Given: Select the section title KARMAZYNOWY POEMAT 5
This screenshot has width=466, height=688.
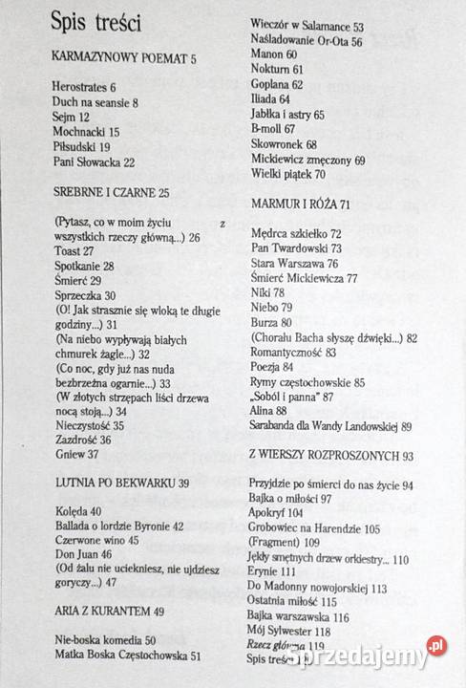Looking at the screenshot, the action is click(124, 59).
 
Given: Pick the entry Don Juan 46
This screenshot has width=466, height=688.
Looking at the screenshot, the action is click(82, 555).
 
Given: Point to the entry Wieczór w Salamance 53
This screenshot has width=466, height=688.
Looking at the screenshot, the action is click(305, 26).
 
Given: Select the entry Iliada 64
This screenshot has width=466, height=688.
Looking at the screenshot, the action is click(271, 98).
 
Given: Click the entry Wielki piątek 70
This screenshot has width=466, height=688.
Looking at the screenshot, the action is click(288, 175).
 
